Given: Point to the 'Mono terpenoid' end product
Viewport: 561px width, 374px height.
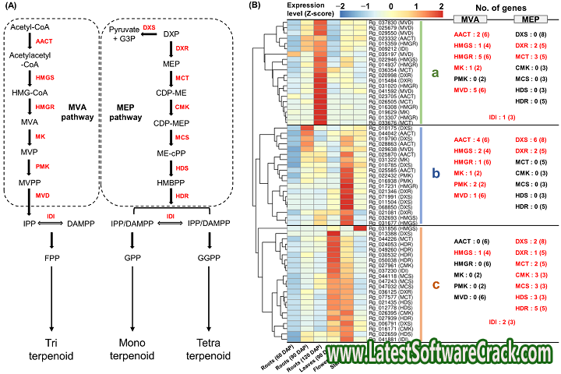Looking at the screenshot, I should tap(121, 349).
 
